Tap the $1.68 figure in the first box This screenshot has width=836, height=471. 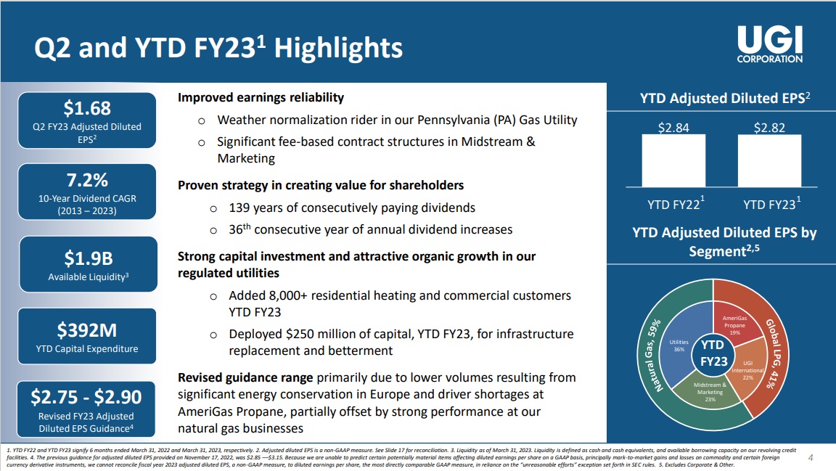tap(87, 108)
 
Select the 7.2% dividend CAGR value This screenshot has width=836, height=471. tap(87, 179)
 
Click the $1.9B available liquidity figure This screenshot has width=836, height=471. tap(87, 258)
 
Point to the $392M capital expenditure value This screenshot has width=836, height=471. tap(87, 330)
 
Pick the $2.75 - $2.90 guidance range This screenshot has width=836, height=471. tap(87, 396)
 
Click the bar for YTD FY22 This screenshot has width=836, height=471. tap(673, 160)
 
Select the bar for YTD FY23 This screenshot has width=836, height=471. tap(769, 160)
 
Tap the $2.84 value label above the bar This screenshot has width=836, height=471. tap(673, 128)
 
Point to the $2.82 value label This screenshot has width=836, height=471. tap(769, 128)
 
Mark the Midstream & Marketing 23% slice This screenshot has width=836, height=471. tap(710, 392)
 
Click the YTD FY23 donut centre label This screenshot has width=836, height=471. tap(714, 353)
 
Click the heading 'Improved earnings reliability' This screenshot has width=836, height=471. tap(261, 97)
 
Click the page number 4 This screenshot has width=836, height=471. tap(811, 457)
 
